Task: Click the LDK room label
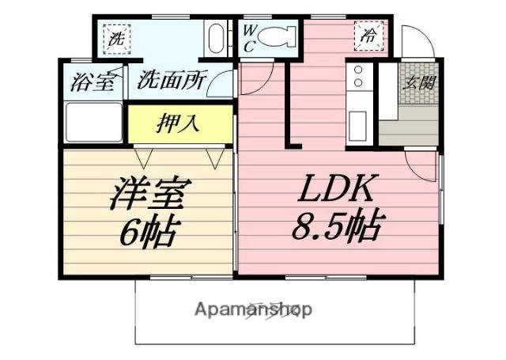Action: point(335,191)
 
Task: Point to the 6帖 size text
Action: point(148,231)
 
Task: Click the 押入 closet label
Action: point(181,123)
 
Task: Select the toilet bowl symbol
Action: point(278,36)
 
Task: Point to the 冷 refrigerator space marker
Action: point(368,36)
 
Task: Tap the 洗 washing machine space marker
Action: point(116,37)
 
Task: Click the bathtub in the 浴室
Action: point(92,123)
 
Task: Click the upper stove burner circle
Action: point(357,71)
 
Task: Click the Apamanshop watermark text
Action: point(253,309)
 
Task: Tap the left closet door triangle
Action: point(144,157)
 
